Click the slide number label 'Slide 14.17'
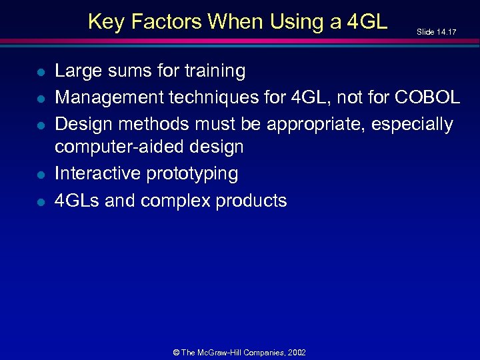436,31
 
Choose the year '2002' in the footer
297,352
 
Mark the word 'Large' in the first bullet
76,71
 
